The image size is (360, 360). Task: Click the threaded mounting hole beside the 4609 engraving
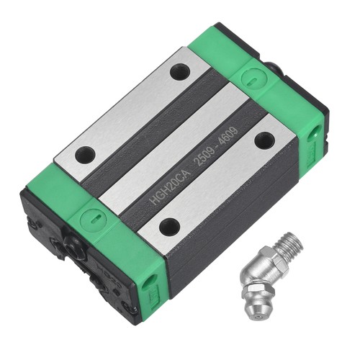coord(264,140)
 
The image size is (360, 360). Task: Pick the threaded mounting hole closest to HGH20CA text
coord(170,226)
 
